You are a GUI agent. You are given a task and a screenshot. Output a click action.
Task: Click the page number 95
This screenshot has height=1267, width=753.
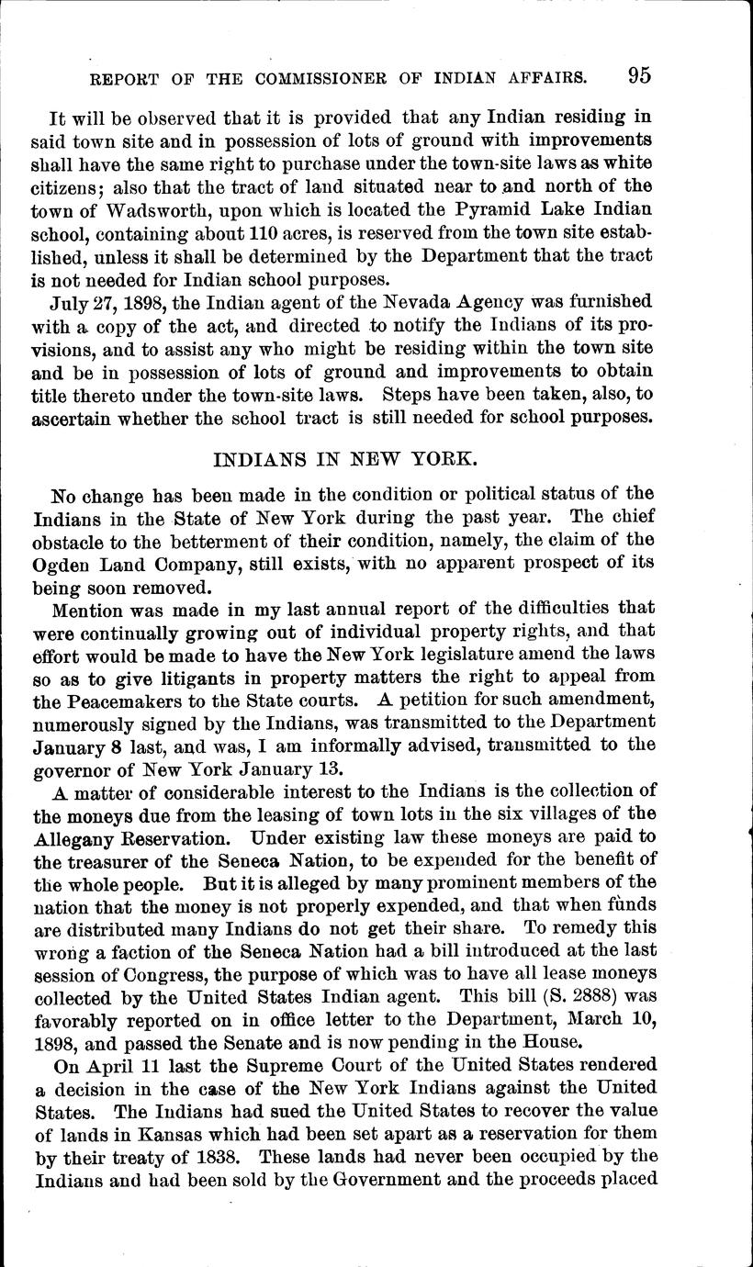[640, 75]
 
